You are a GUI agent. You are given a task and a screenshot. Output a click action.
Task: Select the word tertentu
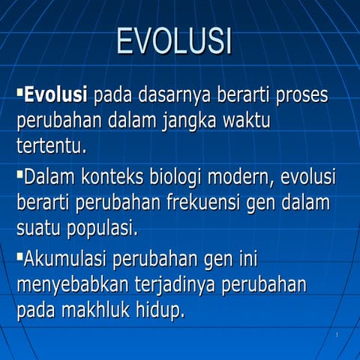51,145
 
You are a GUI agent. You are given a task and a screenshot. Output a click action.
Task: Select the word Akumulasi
66,260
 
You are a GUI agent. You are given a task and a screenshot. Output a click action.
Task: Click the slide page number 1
337,334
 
